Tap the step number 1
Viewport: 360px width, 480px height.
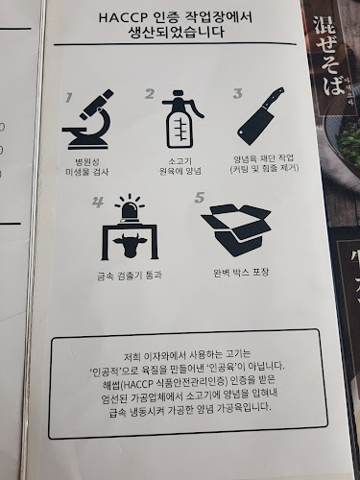click(68, 97)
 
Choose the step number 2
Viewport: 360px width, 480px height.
click(150, 94)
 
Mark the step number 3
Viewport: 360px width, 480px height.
click(237, 94)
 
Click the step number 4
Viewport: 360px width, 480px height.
click(98, 203)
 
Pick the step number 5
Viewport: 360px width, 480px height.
click(200, 198)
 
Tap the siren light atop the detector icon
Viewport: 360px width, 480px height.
click(128, 204)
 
